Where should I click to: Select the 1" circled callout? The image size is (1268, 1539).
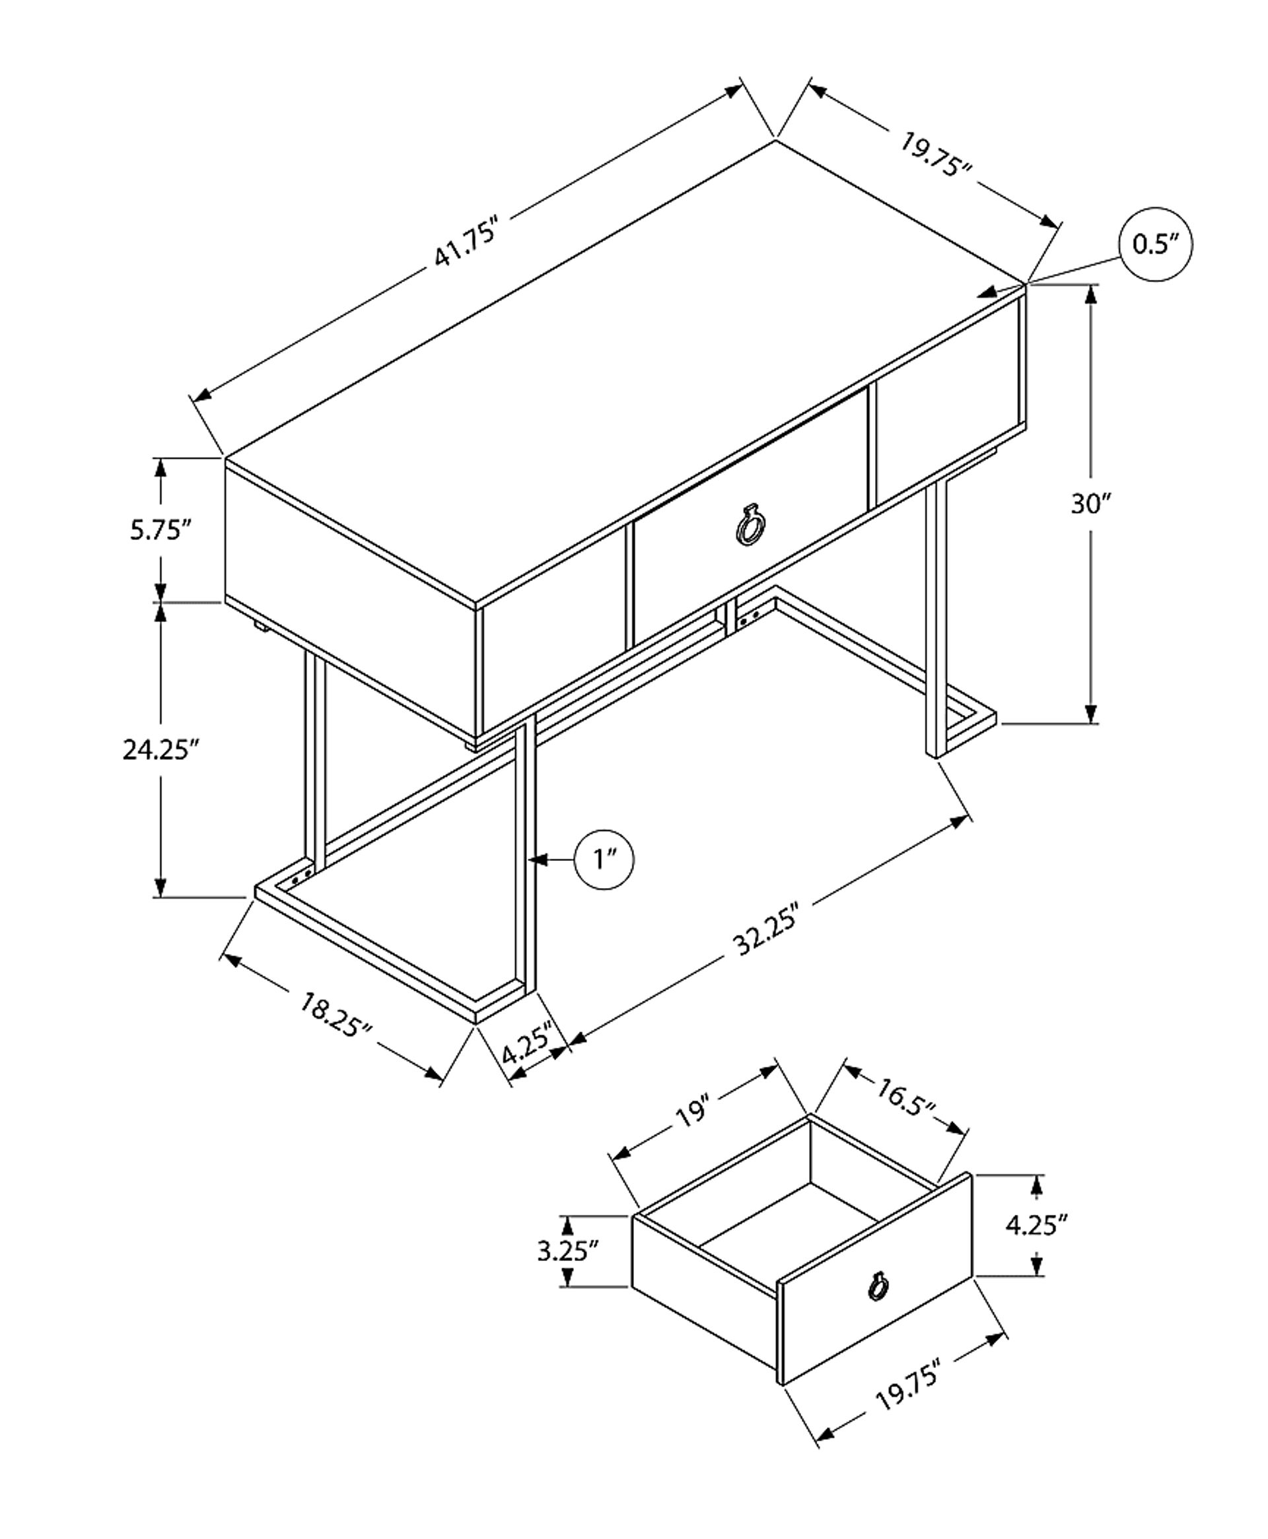pos(605,860)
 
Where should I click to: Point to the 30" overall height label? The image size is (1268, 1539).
pos(1090,504)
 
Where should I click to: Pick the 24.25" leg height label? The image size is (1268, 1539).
pos(160,750)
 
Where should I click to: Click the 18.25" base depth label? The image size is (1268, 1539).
pos(337,1014)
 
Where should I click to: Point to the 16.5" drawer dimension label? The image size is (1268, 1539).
pos(905,1118)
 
